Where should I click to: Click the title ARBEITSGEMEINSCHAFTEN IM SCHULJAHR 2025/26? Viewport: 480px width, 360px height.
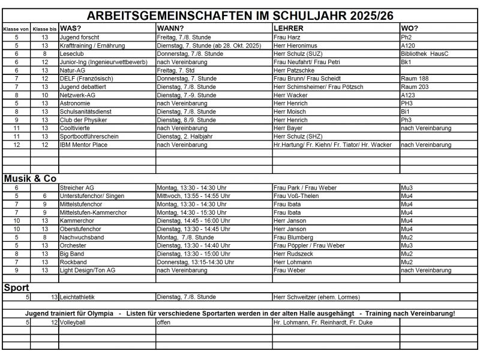coord(240,16)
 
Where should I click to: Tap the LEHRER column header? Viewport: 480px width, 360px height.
coord(288,28)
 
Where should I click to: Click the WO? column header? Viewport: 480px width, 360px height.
coord(410,28)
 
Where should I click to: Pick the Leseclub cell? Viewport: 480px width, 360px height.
coord(72,53)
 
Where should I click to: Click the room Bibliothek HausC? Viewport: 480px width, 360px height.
coord(425,53)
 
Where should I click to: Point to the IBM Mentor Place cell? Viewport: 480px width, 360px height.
coord(83,145)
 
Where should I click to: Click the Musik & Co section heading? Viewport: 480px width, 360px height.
coord(30,178)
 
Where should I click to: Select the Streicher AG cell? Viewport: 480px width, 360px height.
coord(77,188)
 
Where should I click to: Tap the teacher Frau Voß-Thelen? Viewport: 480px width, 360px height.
coord(298,196)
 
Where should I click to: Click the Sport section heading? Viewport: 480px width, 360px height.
coord(17,287)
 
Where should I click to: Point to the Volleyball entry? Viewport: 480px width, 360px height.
coord(73,322)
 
